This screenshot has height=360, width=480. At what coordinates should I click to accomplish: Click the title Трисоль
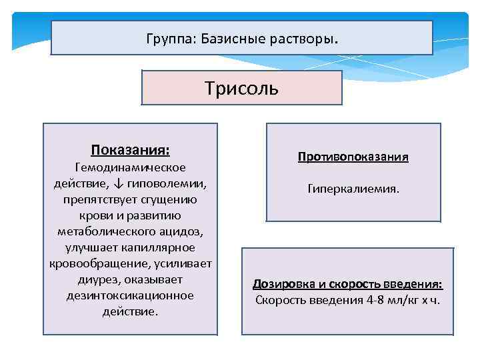(x=241, y=89)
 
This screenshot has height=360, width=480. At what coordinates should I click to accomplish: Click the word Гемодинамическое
(x=130, y=167)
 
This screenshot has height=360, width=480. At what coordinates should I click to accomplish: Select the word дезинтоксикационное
(x=130, y=295)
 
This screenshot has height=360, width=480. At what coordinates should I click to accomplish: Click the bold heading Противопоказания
(x=353, y=157)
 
